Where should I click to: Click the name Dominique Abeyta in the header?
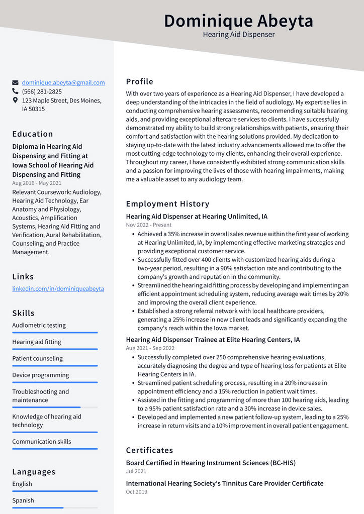238,21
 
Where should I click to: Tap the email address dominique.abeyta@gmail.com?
63,83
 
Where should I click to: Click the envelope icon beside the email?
16,83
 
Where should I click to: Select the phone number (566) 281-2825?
42,91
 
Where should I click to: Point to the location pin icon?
16,100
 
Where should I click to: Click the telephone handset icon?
16,91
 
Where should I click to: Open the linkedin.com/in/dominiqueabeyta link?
58,289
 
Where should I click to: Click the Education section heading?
33,134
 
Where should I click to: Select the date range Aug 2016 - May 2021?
37,183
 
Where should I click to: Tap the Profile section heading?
139,82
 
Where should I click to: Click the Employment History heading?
167,204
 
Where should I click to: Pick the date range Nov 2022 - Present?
148,225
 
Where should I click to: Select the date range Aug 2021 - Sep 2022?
150,348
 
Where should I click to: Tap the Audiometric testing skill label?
39,326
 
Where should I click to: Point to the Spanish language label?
23,500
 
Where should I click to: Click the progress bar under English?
55,491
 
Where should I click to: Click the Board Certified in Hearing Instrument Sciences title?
211,463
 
